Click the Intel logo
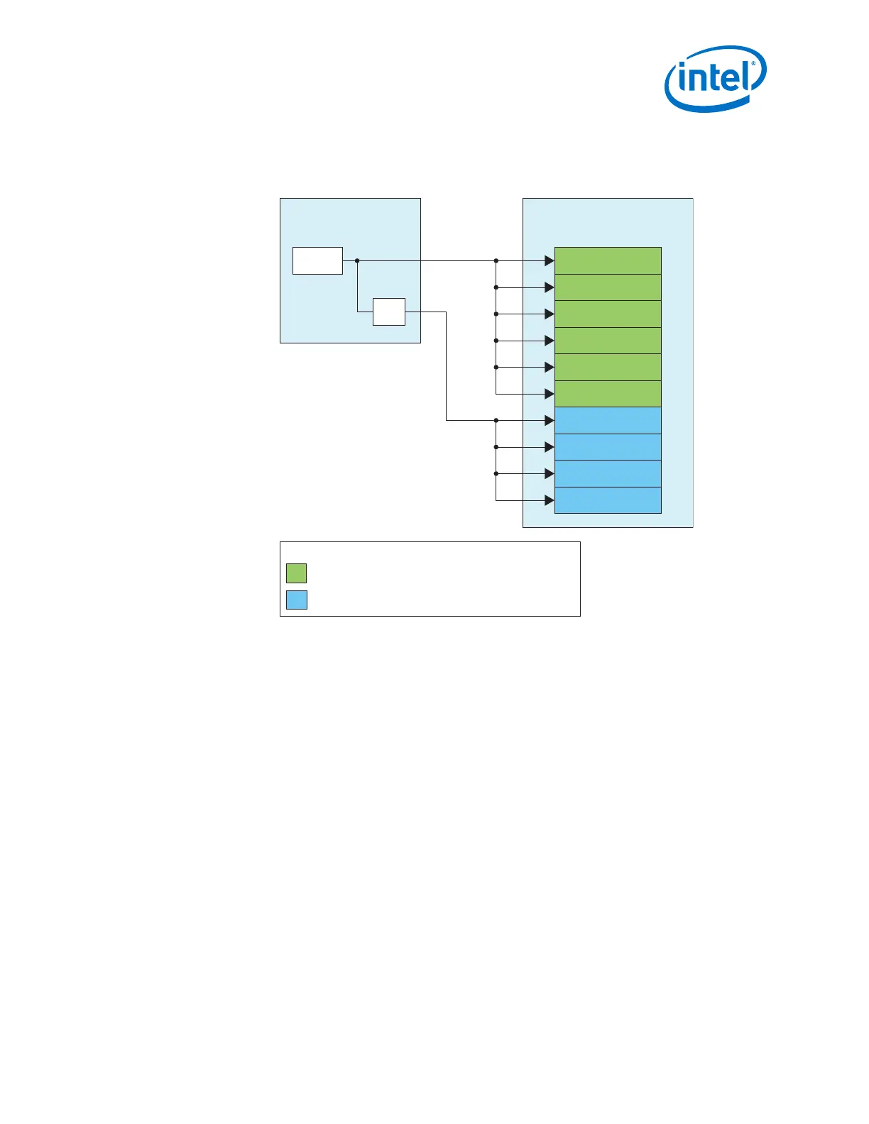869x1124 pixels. click(x=715, y=78)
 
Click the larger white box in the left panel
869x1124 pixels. click(x=317, y=260)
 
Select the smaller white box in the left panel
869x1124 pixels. click(x=389, y=312)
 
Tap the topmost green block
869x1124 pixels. click(x=608, y=261)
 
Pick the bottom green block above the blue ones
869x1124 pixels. click(x=608, y=394)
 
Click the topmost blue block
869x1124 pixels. click(x=608, y=420)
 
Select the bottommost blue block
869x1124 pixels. click(x=608, y=500)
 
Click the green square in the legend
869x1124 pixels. click(x=297, y=573)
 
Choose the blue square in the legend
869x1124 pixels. click(x=297, y=600)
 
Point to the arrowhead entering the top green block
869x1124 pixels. click(x=549, y=261)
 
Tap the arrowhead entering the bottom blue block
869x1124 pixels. click(x=549, y=500)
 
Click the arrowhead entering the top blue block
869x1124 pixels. click(x=549, y=420)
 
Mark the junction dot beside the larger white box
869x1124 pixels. click(x=357, y=260)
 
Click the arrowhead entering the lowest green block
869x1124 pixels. click(x=549, y=394)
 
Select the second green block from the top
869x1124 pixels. click(x=608, y=287)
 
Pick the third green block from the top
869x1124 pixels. click(x=608, y=314)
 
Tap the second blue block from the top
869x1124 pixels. click(x=608, y=447)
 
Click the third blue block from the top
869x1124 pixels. click(x=608, y=473)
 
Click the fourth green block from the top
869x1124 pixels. click(x=608, y=341)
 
